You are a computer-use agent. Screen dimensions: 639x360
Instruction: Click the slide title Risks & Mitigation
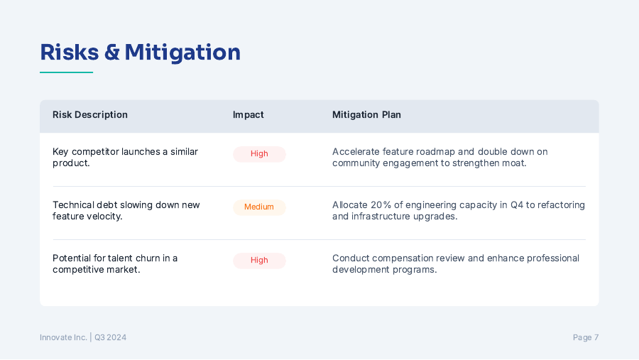pyautogui.click(x=140, y=53)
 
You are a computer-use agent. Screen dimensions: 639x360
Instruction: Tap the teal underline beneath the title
pyautogui.click(x=67, y=72)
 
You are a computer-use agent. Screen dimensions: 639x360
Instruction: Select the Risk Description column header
pyautogui.click(x=90, y=115)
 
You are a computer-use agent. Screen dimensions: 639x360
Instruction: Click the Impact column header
pyautogui.click(x=248, y=115)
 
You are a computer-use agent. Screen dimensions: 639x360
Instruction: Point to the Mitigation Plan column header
pyautogui.click(x=366, y=115)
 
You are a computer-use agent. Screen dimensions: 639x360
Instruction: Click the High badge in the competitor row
pyautogui.click(x=259, y=154)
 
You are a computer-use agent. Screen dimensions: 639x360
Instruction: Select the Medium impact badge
pyautogui.click(x=259, y=207)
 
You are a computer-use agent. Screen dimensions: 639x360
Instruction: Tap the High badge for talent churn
pyautogui.click(x=259, y=261)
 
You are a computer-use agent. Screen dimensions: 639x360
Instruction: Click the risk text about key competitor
pyautogui.click(x=125, y=158)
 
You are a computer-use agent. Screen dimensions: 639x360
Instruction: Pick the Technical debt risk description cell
pyautogui.click(x=126, y=210)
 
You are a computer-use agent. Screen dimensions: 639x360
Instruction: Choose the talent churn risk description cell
pyautogui.click(x=115, y=263)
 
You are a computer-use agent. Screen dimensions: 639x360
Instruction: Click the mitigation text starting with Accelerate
pyautogui.click(x=439, y=158)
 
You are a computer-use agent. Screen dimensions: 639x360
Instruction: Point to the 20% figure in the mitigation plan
pyautogui.click(x=381, y=205)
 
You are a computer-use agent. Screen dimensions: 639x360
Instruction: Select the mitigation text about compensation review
pyautogui.click(x=456, y=263)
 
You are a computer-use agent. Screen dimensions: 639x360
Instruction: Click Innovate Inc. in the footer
pyautogui.click(x=63, y=337)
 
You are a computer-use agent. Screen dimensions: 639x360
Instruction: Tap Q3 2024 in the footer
pyautogui.click(x=111, y=337)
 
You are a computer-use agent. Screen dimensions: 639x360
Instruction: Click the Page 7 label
pyautogui.click(x=586, y=337)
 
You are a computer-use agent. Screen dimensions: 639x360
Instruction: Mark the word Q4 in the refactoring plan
pyautogui.click(x=517, y=205)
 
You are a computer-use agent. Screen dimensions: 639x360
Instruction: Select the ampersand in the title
pyautogui.click(x=111, y=53)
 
